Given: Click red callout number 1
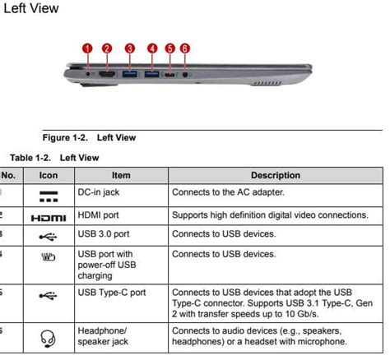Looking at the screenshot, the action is click(x=87, y=48).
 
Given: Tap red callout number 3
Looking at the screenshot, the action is click(x=129, y=48).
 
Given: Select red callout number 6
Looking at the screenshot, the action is click(x=184, y=48).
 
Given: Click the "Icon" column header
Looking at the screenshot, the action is click(x=49, y=175).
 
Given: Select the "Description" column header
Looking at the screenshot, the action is click(x=276, y=175).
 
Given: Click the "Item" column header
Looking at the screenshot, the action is click(x=121, y=175).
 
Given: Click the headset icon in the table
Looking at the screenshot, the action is click(x=49, y=337).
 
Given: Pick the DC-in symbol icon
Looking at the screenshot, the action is click(x=49, y=195).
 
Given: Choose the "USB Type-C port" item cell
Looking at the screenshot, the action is click(x=111, y=293).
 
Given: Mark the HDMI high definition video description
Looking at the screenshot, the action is click(x=269, y=215).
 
